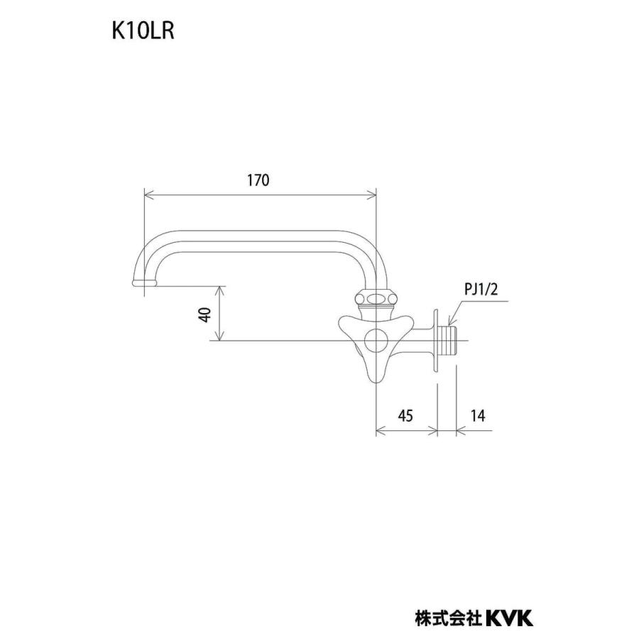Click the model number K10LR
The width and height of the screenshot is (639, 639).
143,31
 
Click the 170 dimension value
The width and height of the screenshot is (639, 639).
258,180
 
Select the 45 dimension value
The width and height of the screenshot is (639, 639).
405,415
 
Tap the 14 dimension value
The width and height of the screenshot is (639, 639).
478,415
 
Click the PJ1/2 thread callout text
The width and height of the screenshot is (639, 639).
481,290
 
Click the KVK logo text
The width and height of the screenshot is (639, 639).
509,618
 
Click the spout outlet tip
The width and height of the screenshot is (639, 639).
144,283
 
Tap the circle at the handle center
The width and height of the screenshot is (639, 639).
376,340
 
